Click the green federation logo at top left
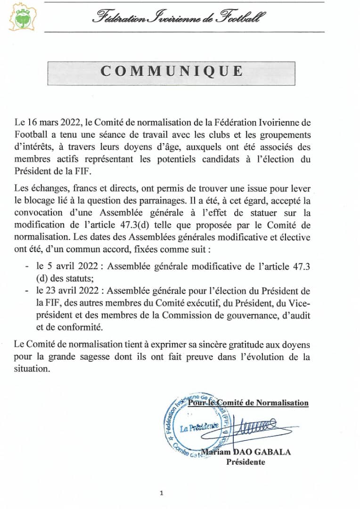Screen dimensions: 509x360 (x=21, y=18)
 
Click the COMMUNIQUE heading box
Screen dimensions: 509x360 (x=172, y=71)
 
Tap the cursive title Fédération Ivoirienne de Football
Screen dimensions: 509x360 (x=179, y=18)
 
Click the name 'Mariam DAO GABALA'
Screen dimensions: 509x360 (x=245, y=452)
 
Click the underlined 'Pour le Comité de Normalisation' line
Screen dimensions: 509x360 (x=248, y=402)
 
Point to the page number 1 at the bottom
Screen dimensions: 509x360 (x=162, y=493)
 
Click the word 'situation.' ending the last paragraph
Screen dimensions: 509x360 (x=32, y=369)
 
